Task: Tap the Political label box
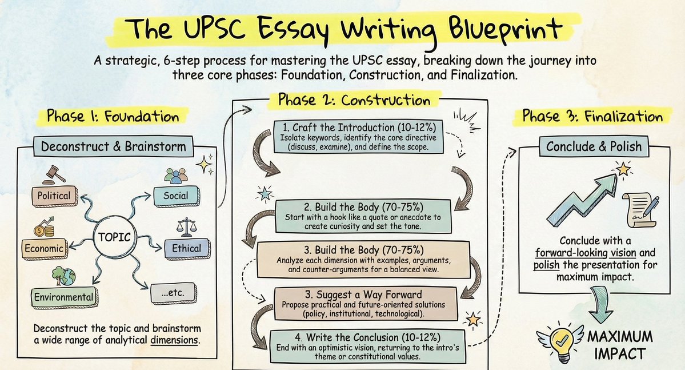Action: [54, 196]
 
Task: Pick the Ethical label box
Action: [186, 248]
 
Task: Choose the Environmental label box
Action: [63, 296]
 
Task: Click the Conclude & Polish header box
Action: [594, 147]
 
